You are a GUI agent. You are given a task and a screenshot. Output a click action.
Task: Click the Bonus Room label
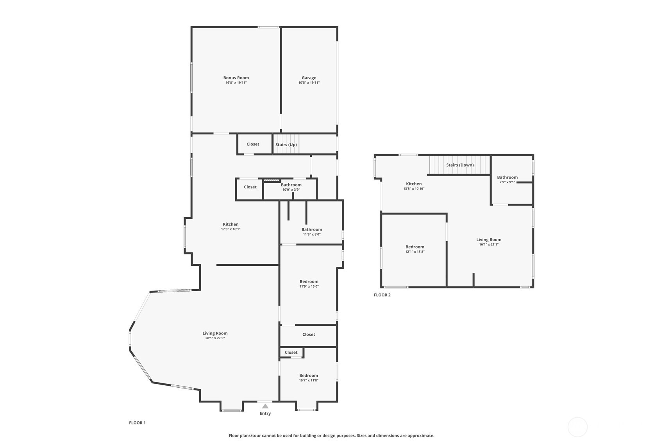236,78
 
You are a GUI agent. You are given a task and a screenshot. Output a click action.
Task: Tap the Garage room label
309,78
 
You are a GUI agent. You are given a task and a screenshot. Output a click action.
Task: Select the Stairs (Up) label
286,145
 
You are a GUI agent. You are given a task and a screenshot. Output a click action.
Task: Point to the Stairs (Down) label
460,165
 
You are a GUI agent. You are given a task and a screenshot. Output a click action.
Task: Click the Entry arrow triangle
265,406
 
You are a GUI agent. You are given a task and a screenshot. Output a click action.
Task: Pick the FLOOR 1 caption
137,423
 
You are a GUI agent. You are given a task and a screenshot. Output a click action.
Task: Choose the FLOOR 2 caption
382,295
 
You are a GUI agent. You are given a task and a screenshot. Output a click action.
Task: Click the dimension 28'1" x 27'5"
215,338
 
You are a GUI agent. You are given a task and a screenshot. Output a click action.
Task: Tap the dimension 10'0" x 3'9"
291,190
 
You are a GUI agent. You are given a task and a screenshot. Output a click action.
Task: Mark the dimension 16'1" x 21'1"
489,245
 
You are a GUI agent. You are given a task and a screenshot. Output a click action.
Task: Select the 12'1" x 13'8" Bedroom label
415,247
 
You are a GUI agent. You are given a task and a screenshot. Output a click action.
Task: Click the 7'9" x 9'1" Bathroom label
507,177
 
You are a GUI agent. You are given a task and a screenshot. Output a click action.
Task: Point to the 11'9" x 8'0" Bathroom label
311,230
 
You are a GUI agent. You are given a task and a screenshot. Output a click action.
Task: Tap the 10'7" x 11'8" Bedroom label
309,376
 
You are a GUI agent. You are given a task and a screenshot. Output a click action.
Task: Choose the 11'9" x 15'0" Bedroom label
309,282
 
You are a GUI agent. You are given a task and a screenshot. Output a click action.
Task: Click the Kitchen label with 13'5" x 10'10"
414,184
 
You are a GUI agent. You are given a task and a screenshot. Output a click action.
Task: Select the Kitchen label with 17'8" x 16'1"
231,224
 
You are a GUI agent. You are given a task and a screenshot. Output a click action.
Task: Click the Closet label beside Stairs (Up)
253,144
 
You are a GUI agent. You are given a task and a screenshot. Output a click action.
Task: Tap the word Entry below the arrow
265,413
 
